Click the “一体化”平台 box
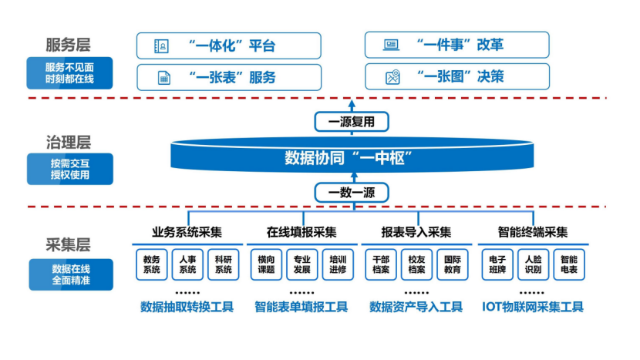(228, 45)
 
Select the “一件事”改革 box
(456, 45)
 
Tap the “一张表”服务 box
(228, 77)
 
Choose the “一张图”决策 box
(456, 77)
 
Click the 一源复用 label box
(352, 122)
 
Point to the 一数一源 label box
(352, 193)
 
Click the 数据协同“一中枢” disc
(352, 157)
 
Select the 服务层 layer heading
(69, 44)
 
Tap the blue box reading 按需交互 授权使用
(70, 169)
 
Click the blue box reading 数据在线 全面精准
(70, 274)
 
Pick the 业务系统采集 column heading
(187, 232)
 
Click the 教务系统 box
(151, 264)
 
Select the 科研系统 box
(223, 264)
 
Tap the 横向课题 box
(266, 264)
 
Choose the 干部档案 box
(381, 264)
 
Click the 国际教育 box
(453, 264)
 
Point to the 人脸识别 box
(533, 264)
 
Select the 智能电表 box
(569, 264)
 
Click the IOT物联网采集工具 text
(533, 307)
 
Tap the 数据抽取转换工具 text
(187, 307)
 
